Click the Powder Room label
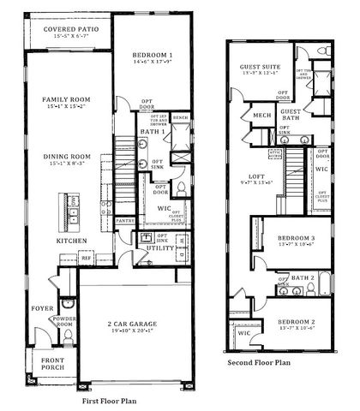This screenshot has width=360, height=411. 66,321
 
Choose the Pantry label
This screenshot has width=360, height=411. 125,220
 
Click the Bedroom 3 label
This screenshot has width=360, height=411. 297,240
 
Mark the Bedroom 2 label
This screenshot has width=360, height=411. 297,325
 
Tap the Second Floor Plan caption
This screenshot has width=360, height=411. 259,363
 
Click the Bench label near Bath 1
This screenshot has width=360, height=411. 180,117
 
